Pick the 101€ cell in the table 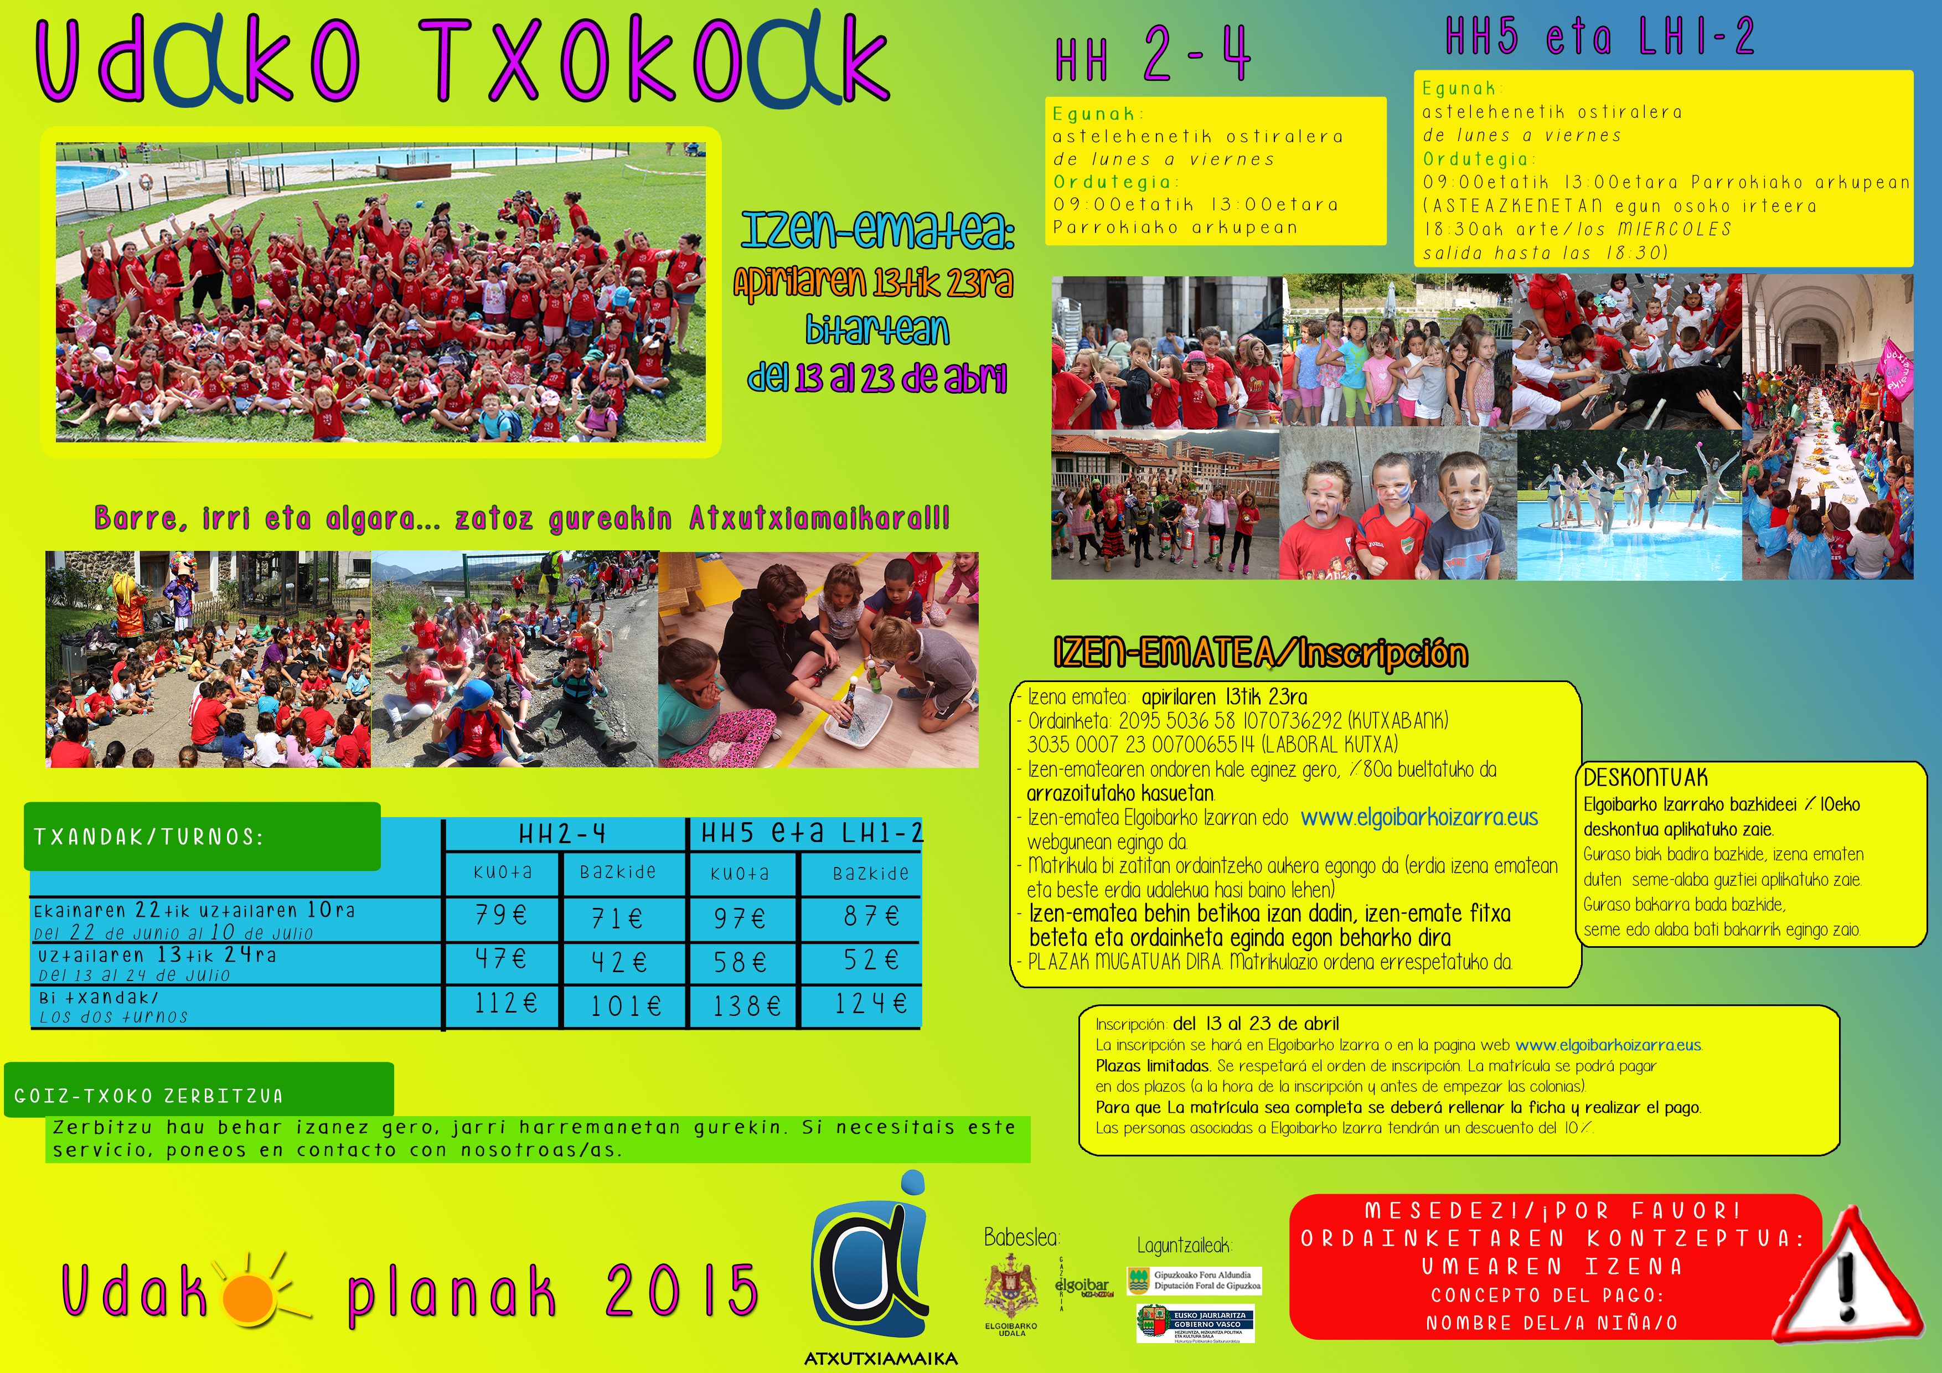pyautogui.click(x=625, y=1006)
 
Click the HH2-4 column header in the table pyautogui.click(x=562, y=835)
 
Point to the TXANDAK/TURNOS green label pyautogui.click(x=202, y=837)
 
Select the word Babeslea pyautogui.click(x=1021, y=1238)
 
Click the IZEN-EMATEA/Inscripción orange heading pyautogui.click(x=1261, y=654)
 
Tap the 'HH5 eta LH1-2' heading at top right pyautogui.click(x=1599, y=38)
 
